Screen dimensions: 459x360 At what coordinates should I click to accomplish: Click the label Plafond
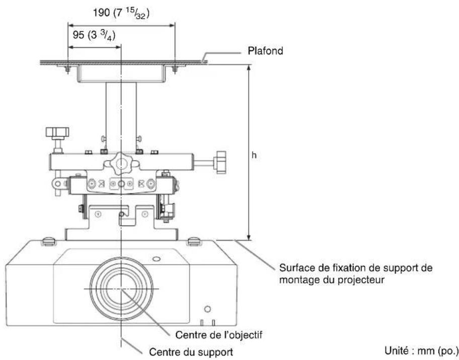click(x=265, y=51)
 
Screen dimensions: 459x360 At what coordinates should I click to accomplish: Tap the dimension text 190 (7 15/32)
click(x=121, y=13)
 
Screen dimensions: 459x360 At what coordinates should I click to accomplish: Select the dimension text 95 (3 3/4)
click(x=94, y=35)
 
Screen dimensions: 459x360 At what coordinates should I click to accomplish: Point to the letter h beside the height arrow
click(x=254, y=155)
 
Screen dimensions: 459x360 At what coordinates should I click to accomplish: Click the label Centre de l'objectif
click(x=218, y=334)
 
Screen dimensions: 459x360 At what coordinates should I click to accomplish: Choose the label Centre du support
click(x=191, y=352)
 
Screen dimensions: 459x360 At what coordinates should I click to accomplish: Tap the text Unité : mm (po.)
click(x=421, y=350)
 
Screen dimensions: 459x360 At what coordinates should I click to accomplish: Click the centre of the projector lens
click(x=121, y=289)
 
